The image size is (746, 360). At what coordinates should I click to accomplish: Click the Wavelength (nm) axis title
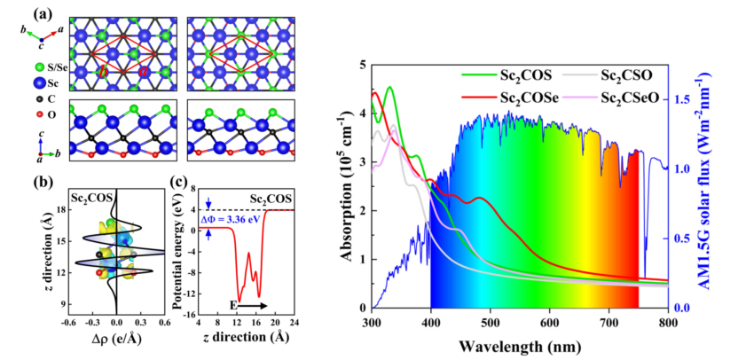point(520,344)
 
